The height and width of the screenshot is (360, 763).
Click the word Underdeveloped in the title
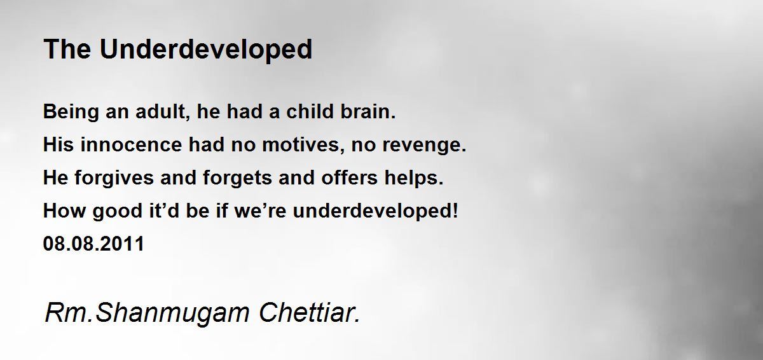click(206, 49)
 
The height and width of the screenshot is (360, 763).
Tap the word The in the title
click(67, 49)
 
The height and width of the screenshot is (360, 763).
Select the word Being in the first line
click(71, 113)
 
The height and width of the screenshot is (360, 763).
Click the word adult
click(163, 112)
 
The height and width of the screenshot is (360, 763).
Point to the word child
click(310, 111)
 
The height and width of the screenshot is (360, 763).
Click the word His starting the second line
click(58, 144)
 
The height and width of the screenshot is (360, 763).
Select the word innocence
click(131, 144)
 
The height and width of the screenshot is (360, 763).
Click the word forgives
click(114, 179)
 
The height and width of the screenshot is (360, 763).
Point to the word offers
click(350, 177)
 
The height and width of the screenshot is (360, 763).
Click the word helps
click(414, 179)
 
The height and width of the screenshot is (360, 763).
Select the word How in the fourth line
click(64, 211)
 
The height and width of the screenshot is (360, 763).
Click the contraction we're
click(261, 211)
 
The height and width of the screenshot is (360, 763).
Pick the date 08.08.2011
click(94, 244)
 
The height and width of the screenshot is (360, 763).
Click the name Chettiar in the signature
click(309, 312)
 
